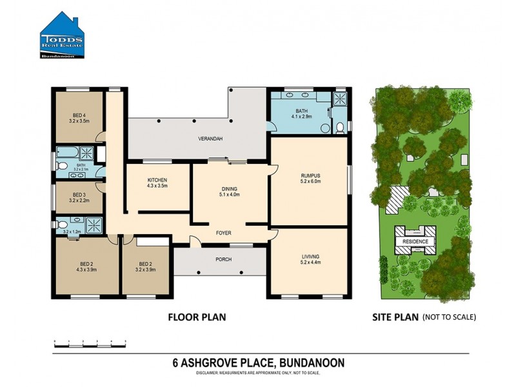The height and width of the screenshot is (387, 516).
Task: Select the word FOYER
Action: pos(224,233)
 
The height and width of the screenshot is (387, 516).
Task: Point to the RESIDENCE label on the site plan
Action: pos(415,241)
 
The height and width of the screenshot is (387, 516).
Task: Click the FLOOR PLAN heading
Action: pos(197,317)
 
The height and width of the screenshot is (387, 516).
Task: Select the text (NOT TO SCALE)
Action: pos(449,317)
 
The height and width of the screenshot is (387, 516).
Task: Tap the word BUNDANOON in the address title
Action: pos(313,363)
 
